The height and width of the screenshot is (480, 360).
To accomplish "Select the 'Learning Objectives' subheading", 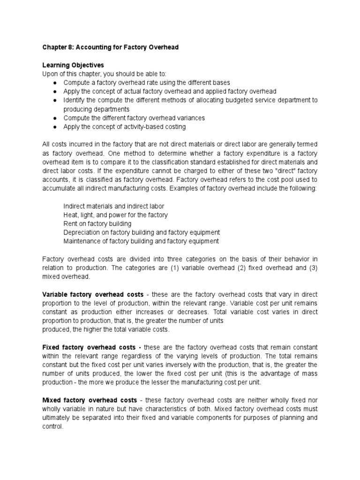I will pyautogui.click(x=73, y=65).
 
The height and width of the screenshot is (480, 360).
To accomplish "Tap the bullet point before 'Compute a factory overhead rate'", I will pyautogui.click(x=55, y=82).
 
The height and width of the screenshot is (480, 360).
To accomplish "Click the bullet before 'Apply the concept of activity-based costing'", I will pyautogui.click(x=55, y=127).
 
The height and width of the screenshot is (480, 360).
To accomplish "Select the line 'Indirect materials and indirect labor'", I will pyautogui.click(x=114, y=206).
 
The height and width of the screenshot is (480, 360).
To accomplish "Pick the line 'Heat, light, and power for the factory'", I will pyautogui.click(x=115, y=215).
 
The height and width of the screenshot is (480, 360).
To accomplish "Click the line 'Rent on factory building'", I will pyautogui.click(x=97, y=224).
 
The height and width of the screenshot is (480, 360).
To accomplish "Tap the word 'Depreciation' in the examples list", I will pyautogui.click(x=82, y=233).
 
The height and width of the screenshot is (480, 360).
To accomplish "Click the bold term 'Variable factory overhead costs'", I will pyautogui.click(x=92, y=294).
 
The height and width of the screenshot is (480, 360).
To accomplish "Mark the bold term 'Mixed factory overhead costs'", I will pyautogui.click(x=90, y=400).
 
